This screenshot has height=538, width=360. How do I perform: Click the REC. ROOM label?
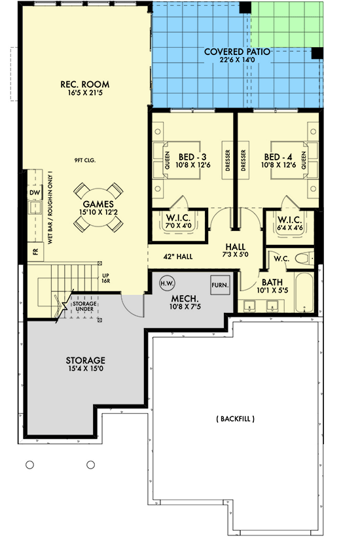coord(84,89)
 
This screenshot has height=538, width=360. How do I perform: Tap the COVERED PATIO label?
coord(237,55)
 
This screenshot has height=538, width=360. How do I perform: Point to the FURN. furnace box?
coord(219,285)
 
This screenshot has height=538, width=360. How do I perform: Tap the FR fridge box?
coord(34,251)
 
